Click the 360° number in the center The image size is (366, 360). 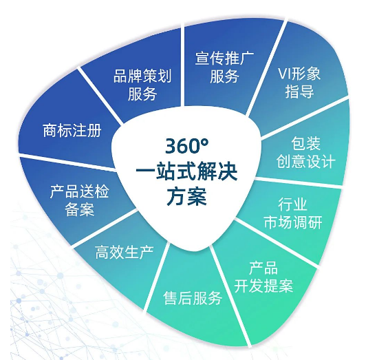coord(186,146)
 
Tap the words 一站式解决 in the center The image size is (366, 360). coord(186,172)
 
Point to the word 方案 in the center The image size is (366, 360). coord(186,196)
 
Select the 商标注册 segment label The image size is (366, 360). coord(72,130)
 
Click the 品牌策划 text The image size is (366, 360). coord(142,76)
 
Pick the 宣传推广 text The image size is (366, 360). coord(224,59)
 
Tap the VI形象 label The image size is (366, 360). coord(299,74)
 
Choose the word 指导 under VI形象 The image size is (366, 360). coord(299,92)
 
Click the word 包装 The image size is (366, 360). coord(305,143)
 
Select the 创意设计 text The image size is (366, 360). coord(305,161)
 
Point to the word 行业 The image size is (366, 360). coord(292,204)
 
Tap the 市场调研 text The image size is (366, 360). coord(293,222)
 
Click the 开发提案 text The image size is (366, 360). coord(263,286)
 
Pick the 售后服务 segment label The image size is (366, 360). coord(193,298)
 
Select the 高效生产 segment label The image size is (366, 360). coord(124,252)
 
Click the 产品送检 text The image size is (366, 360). coord(79,191)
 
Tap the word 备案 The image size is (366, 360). coord(80,209)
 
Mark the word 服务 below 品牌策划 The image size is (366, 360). coord(142,94)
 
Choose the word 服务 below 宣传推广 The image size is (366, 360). coord(224,76)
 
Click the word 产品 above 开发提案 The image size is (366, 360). coord(263,268)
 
